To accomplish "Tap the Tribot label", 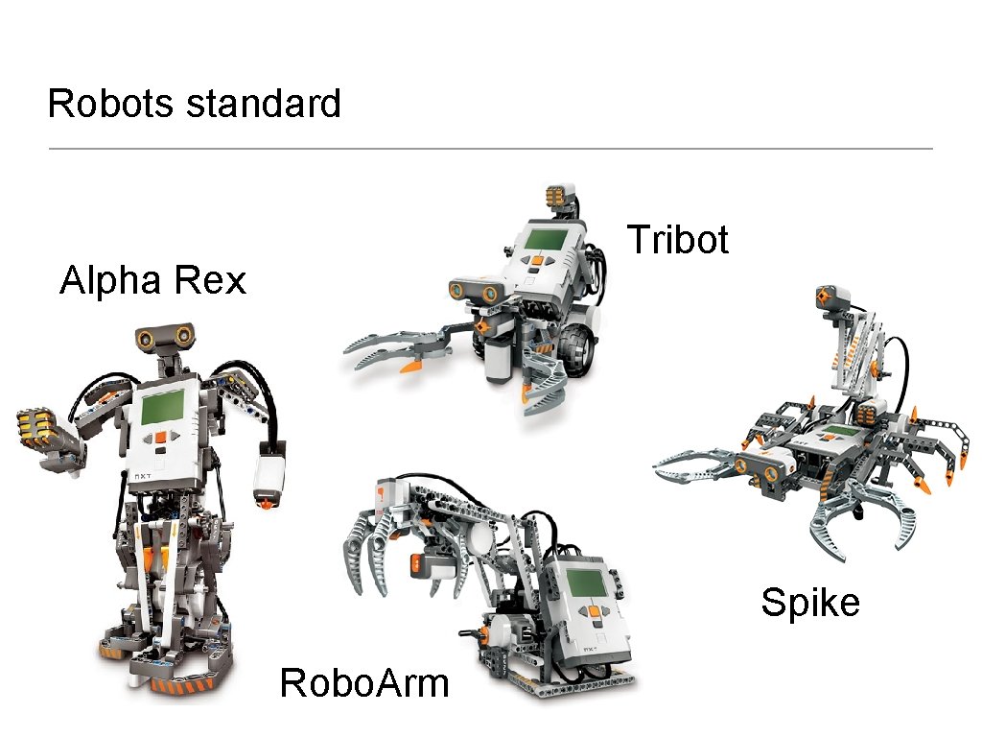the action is [x=677, y=239].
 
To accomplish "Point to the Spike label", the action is [x=809, y=603].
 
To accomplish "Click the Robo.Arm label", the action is [x=363, y=683].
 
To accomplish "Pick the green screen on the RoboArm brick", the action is [x=584, y=582].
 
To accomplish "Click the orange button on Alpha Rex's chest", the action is [x=161, y=437].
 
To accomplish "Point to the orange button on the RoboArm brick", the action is [x=596, y=608].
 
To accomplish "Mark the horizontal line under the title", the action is [x=490, y=149].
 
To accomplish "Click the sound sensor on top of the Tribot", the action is [x=561, y=196].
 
